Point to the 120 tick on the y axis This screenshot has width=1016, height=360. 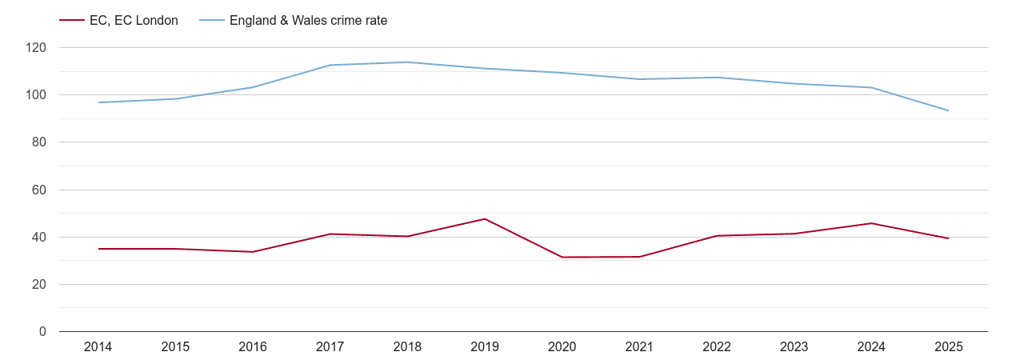(36, 48)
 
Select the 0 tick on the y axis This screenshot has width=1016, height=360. (42, 331)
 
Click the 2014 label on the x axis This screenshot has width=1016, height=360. (98, 347)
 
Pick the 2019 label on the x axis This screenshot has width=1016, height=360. (485, 347)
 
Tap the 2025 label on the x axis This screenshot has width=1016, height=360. (949, 347)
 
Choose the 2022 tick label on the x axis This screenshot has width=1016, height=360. (717, 347)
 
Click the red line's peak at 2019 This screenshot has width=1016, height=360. (485, 218)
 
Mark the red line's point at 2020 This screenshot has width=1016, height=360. (562, 257)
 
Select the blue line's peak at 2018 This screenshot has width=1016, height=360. (407, 62)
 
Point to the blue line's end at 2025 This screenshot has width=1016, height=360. (949, 110)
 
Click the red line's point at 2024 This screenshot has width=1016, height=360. (871, 223)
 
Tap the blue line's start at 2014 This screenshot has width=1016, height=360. (98, 102)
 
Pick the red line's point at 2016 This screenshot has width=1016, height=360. (253, 252)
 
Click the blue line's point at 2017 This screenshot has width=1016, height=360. (330, 65)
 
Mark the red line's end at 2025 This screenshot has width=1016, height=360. (949, 238)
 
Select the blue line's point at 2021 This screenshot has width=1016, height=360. (639, 79)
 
